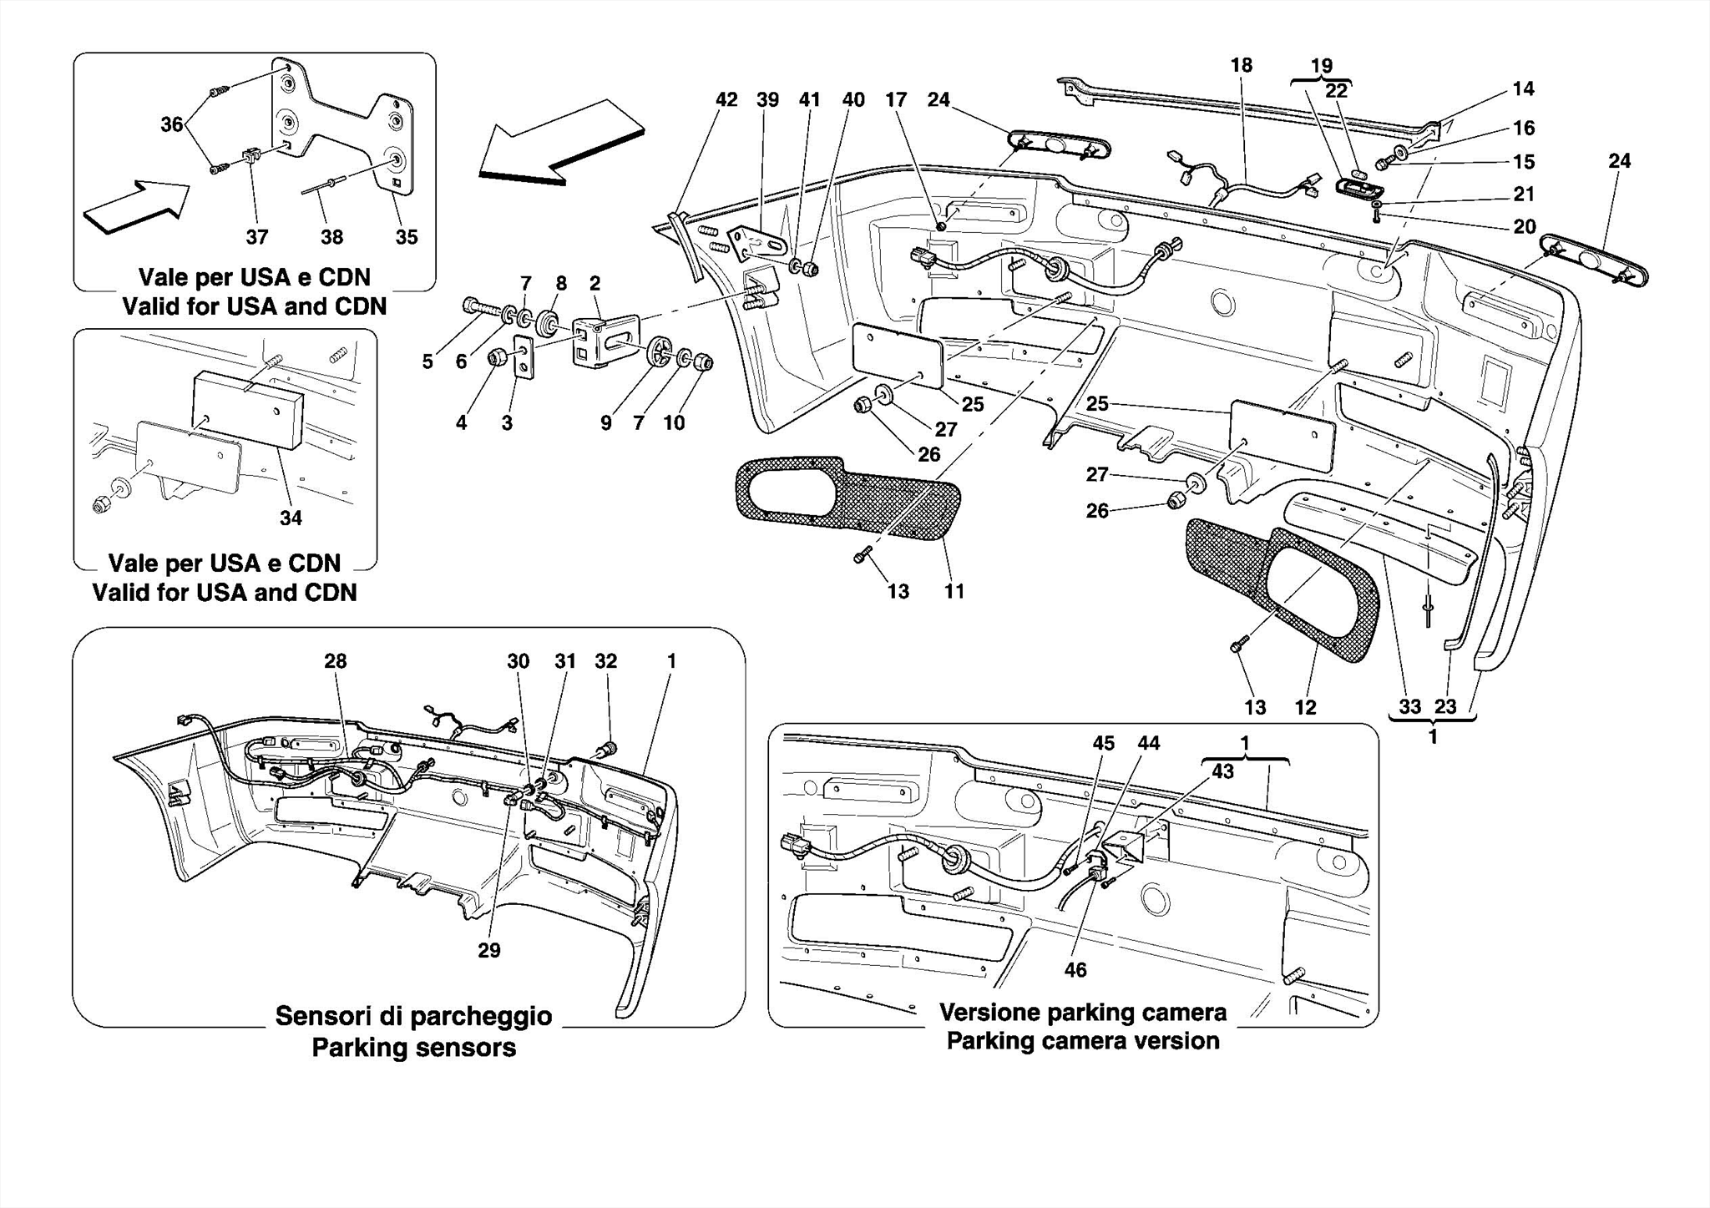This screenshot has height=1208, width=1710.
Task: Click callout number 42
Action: click(726, 100)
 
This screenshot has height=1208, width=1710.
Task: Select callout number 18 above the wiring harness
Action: click(1241, 66)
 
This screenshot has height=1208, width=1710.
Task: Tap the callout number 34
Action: click(291, 518)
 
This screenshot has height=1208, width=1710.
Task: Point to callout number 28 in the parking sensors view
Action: click(335, 661)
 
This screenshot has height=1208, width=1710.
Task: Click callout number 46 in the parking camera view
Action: click(1075, 969)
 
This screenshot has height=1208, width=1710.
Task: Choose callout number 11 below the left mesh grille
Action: click(954, 592)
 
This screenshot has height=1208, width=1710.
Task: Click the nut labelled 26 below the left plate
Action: click(863, 407)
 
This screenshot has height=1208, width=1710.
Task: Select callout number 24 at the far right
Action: click(1619, 161)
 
